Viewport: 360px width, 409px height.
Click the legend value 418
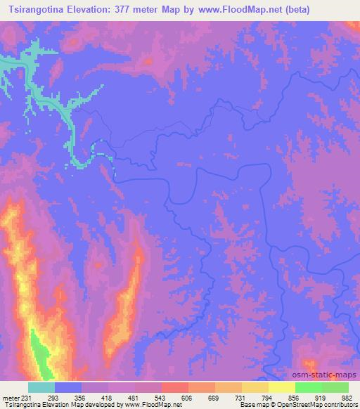tap(108, 397)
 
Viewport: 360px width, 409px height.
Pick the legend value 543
tap(161, 397)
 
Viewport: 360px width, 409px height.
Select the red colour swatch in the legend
tap(174, 387)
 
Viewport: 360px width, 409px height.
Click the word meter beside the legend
tap(9, 397)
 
